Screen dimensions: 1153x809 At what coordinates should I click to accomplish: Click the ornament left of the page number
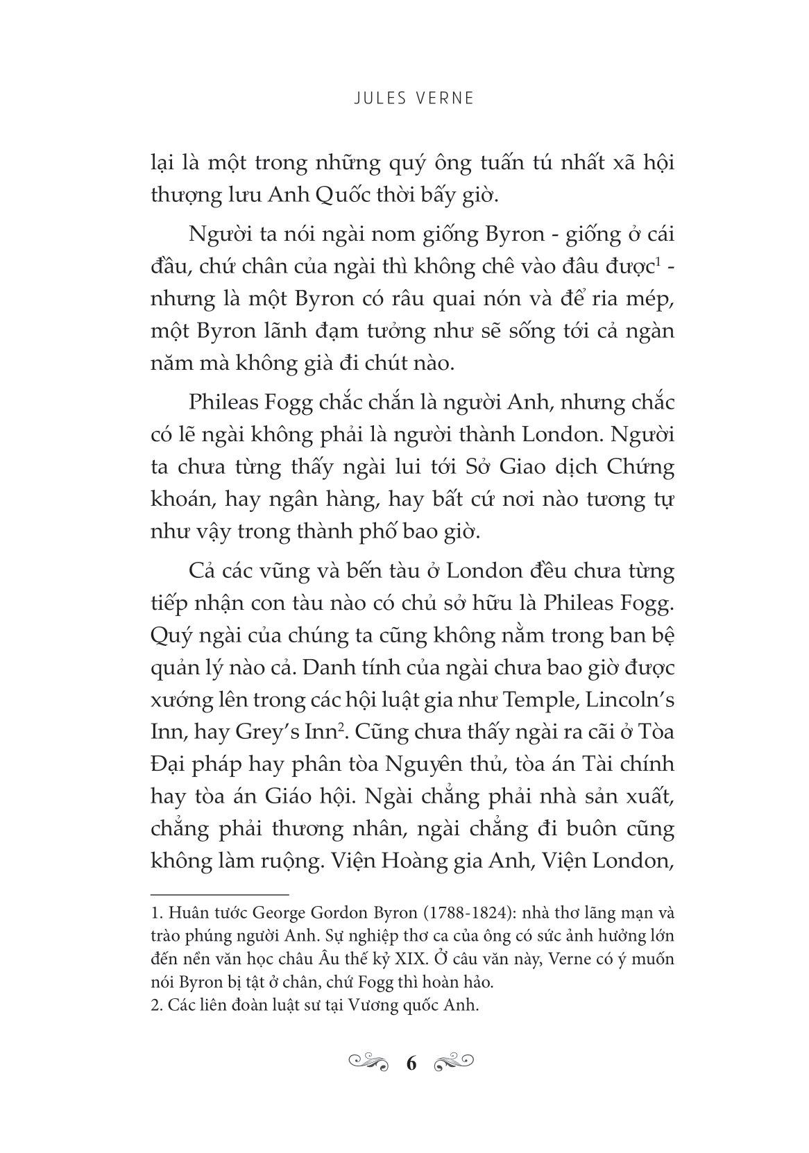point(369,1061)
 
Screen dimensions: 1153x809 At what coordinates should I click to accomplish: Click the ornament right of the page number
point(452,1061)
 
